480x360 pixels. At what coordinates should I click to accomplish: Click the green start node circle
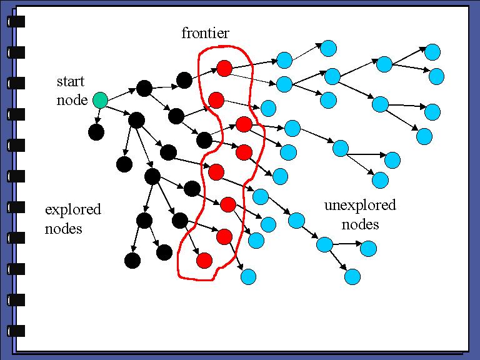click(x=99, y=99)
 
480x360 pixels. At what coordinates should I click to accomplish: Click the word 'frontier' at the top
click(x=205, y=33)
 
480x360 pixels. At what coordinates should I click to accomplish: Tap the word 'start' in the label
click(x=70, y=81)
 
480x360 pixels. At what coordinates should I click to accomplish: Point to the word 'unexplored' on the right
click(x=360, y=206)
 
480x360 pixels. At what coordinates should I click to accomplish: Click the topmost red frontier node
click(x=224, y=67)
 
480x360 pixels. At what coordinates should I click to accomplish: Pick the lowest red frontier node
click(x=204, y=261)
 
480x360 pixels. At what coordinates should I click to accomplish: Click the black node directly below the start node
click(x=96, y=132)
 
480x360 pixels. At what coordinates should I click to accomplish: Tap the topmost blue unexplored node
click(x=329, y=48)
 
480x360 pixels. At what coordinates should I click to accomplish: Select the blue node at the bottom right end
click(x=352, y=276)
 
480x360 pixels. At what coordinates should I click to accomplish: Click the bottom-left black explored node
click(x=132, y=261)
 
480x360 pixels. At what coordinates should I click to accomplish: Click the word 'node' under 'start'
click(x=72, y=100)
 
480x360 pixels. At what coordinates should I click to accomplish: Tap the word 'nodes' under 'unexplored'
click(x=361, y=224)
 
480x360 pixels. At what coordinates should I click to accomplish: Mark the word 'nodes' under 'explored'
click(x=64, y=229)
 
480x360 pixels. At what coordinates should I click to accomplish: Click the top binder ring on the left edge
click(x=16, y=21)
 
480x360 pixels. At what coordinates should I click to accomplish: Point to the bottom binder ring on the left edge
click(x=16, y=330)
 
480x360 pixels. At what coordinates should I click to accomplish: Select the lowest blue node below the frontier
click(x=248, y=276)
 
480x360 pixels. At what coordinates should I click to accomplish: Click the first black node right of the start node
click(x=144, y=89)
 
